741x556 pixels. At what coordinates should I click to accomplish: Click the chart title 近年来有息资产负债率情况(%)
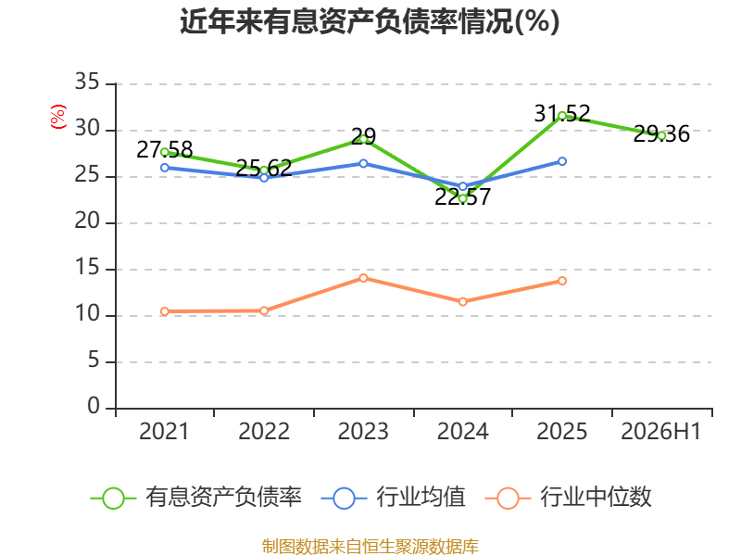[370, 21]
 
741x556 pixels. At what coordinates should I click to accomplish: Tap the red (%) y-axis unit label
[58, 117]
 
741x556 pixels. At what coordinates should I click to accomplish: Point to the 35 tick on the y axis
[87, 82]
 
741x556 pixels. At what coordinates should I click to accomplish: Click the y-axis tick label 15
[87, 268]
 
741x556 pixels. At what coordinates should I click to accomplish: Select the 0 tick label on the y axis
[94, 407]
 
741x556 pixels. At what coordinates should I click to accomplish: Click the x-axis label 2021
[164, 431]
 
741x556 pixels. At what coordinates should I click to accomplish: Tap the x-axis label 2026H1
[661, 431]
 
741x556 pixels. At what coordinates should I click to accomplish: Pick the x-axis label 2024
[462, 431]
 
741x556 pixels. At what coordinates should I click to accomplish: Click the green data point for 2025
[562, 116]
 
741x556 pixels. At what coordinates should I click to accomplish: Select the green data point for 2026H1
[661, 135]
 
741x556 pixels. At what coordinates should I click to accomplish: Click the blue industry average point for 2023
[363, 163]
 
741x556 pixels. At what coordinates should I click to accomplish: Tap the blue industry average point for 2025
[562, 161]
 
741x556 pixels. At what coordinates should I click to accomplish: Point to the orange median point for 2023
[363, 278]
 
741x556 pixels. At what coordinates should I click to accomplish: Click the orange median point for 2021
[165, 311]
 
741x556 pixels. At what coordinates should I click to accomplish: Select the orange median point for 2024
[462, 302]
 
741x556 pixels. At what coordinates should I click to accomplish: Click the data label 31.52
[562, 113]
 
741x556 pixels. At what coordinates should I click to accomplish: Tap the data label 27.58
[165, 150]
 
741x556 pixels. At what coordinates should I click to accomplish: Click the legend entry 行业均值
[393, 498]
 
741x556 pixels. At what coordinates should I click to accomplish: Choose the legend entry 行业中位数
[569, 498]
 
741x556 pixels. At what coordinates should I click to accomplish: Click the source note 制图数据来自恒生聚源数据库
[370, 547]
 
